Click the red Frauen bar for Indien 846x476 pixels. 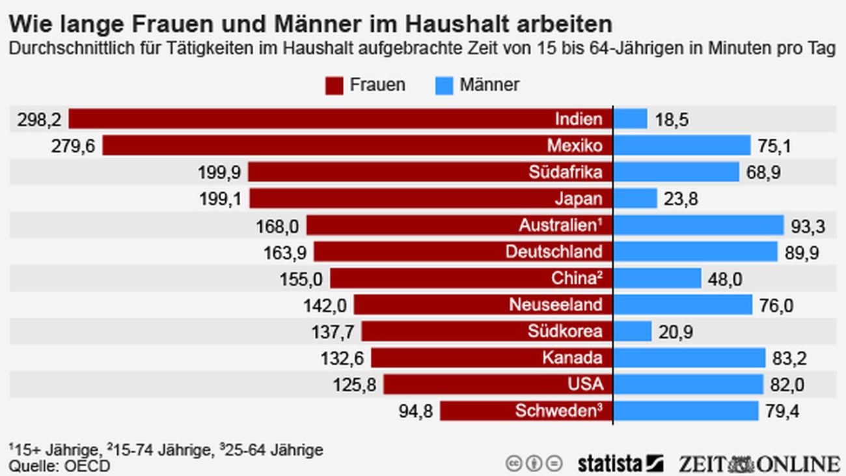point(312,119)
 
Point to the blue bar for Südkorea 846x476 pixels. point(632,331)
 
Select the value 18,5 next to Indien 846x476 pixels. point(672,120)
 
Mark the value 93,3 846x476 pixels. point(809,226)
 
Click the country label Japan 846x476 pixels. point(579,199)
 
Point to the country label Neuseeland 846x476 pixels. point(556,305)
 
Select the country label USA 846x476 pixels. point(586,385)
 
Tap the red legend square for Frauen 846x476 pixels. point(334,86)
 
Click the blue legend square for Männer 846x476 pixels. point(444,86)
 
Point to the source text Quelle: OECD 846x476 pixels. point(59,466)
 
